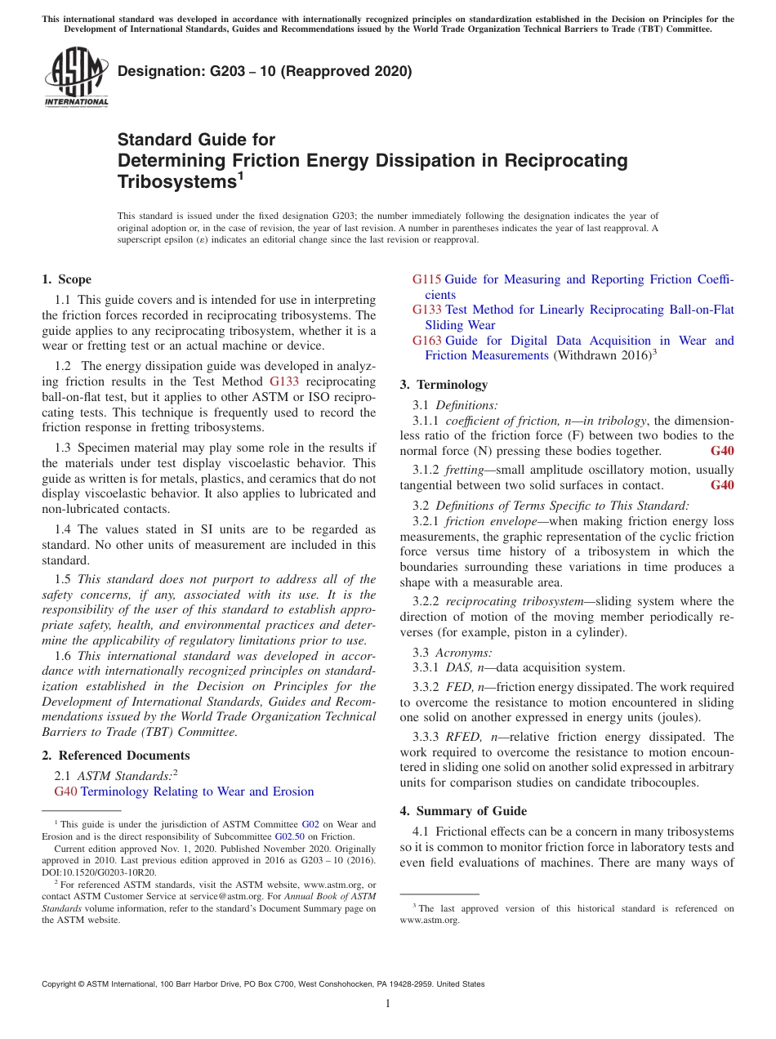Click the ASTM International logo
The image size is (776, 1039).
(x=76, y=77)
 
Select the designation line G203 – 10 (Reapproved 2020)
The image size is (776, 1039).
(x=265, y=71)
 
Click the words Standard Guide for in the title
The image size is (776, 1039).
(x=196, y=140)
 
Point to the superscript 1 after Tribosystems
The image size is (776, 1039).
(x=240, y=175)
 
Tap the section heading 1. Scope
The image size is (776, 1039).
(x=67, y=279)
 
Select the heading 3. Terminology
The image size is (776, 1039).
(x=444, y=385)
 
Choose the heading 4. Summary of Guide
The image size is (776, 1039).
(x=463, y=811)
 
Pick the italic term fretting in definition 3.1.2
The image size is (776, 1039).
(x=462, y=470)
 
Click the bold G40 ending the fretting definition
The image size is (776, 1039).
(x=722, y=485)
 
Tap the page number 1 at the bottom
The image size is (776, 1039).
(x=388, y=1003)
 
